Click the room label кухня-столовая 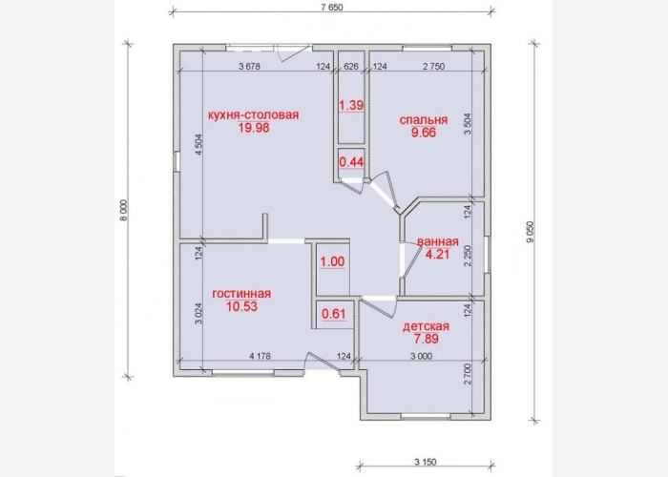pyautogui.click(x=254, y=115)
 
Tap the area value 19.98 pyautogui.click(x=254, y=128)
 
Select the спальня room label pyautogui.click(x=424, y=120)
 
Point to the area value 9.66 pyautogui.click(x=424, y=133)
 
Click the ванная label pyautogui.click(x=437, y=242)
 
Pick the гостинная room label pyautogui.click(x=241, y=294)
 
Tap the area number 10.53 pyautogui.click(x=241, y=306)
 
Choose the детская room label pyautogui.click(x=426, y=326)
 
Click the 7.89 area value pyautogui.click(x=426, y=339)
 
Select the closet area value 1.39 pyautogui.click(x=351, y=105)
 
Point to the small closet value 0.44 pyautogui.click(x=351, y=162)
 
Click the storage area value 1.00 pyautogui.click(x=332, y=261)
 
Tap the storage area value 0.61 pyautogui.click(x=334, y=314)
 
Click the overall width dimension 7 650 pyautogui.click(x=331, y=8)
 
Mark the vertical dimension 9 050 pyautogui.click(x=531, y=232)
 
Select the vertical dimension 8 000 pyautogui.click(x=123, y=211)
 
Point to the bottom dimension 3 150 pyautogui.click(x=426, y=462)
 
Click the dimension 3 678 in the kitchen pyautogui.click(x=250, y=67)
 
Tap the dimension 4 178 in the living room pyautogui.click(x=260, y=356)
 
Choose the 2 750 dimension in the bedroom pyautogui.click(x=433, y=67)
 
